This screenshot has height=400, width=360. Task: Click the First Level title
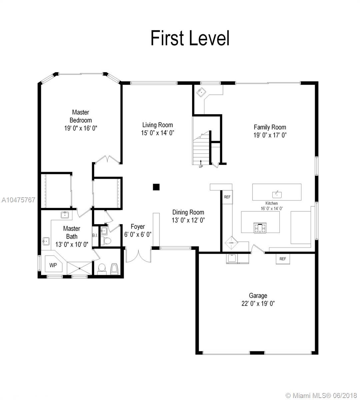click(x=190, y=38)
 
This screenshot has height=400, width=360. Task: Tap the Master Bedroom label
click(x=81, y=116)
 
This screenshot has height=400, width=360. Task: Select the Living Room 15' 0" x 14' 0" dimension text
click(x=158, y=133)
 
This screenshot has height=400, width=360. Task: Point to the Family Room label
click(x=270, y=127)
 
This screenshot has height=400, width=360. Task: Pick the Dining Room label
click(x=188, y=212)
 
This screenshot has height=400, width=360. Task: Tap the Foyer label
click(x=138, y=227)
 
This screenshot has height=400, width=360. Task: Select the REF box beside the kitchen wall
click(x=227, y=197)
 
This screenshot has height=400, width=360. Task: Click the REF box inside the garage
click(x=283, y=259)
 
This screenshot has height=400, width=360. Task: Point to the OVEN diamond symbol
click(x=231, y=243)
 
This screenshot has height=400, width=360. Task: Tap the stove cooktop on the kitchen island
click(x=260, y=228)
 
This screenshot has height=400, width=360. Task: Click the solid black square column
click(x=156, y=187)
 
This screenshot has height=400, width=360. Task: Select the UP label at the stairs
click(x=201, y=166)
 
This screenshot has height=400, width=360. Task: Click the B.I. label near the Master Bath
click(x=95, y=235)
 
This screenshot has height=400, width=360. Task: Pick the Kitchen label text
click(x=271, y=203)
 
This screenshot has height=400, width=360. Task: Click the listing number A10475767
click(x=18, y=200)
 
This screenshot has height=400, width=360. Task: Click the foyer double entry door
click(x=138, y=256)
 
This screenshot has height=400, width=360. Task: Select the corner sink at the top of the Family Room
click(x=201, y=92)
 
